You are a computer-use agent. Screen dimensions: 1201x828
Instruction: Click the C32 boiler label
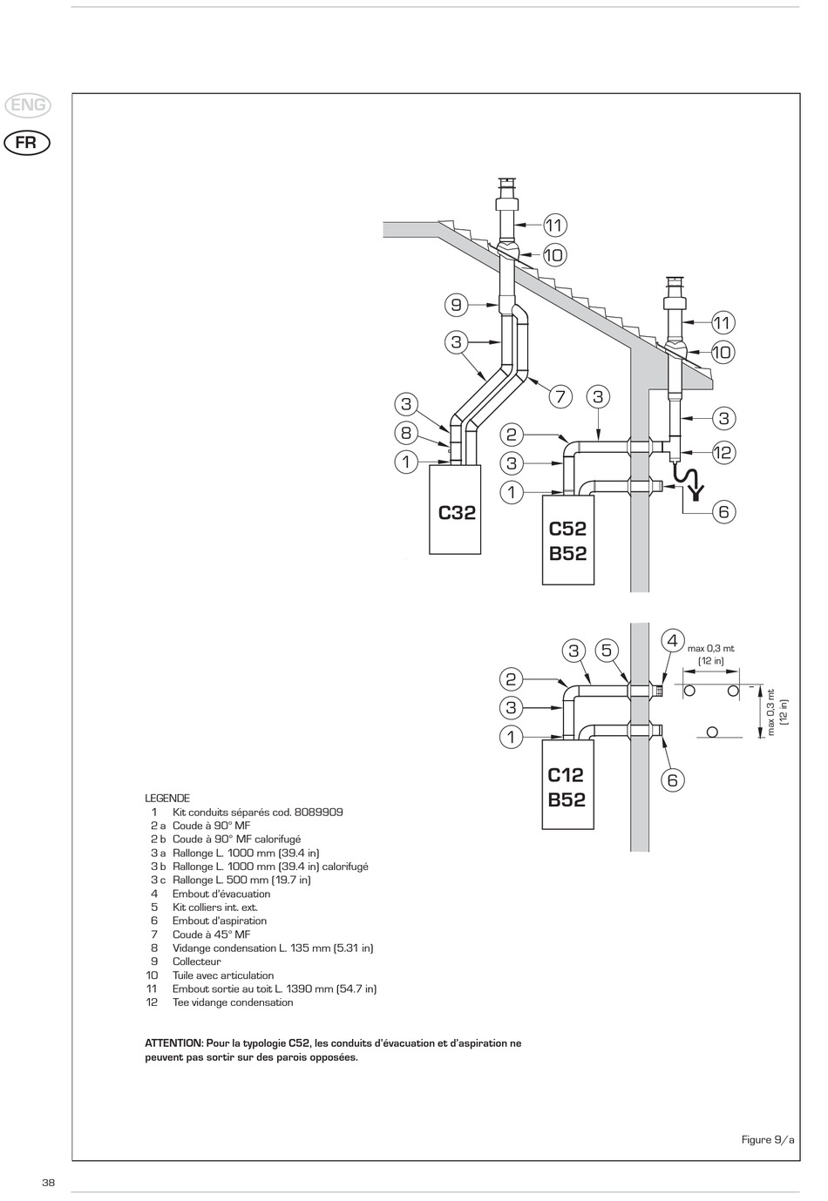coord(457,513)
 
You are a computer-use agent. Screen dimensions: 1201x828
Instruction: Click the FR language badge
coord(26,142)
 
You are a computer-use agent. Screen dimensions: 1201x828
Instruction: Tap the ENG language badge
coord(28,106)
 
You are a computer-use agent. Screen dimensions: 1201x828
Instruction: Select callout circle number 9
coord(456,305)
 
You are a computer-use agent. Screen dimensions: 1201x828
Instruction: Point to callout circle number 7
coord(560,397)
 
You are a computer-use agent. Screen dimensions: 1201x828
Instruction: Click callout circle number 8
coord(406,433)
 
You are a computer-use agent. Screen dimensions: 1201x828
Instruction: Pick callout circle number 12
coord(723,453)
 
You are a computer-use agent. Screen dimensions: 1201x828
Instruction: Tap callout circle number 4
coord(672,641)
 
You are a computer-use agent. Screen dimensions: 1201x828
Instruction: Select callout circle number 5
coord(607,651)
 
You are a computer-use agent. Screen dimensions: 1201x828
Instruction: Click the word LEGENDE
coord(167,798)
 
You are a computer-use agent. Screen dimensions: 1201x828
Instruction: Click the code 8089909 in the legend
coord(318,812)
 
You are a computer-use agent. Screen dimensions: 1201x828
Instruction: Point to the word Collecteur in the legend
coord(197,961)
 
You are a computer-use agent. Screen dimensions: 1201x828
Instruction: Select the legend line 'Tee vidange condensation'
coord(233,1002)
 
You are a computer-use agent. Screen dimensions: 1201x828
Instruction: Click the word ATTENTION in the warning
coord(173,1043)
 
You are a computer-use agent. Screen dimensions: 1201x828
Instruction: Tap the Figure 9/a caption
coord(768,1140)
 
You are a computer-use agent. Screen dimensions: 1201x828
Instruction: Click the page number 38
coord(49,1183)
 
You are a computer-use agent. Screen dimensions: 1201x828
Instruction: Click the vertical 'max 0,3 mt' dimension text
coord(770,712)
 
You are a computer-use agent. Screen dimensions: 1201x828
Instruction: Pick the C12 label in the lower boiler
coord(566,775)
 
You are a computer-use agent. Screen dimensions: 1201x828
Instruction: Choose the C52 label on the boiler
coord(567,529)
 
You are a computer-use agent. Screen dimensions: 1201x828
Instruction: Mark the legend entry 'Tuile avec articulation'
coord(223,975)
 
